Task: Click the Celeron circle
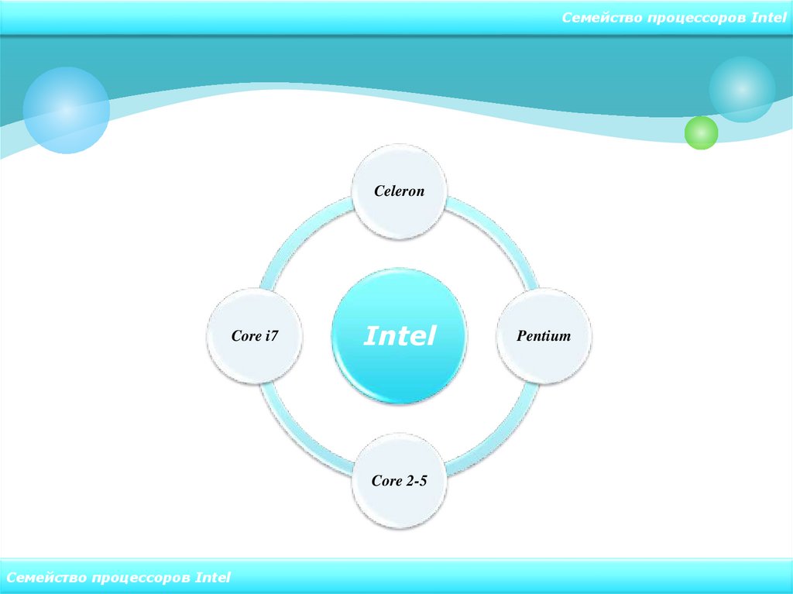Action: click(399, 191)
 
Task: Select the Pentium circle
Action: click(543, 336)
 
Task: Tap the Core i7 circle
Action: click(255, 336)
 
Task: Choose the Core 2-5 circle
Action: click(399, 481)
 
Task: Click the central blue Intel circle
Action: click(399, 336)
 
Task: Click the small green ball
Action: click(702, 132)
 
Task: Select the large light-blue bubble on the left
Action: click(66, 110)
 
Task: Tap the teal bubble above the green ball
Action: click(742, 89)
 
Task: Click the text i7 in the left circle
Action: click(270, 336)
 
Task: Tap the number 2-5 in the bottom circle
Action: click(416, 481)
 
